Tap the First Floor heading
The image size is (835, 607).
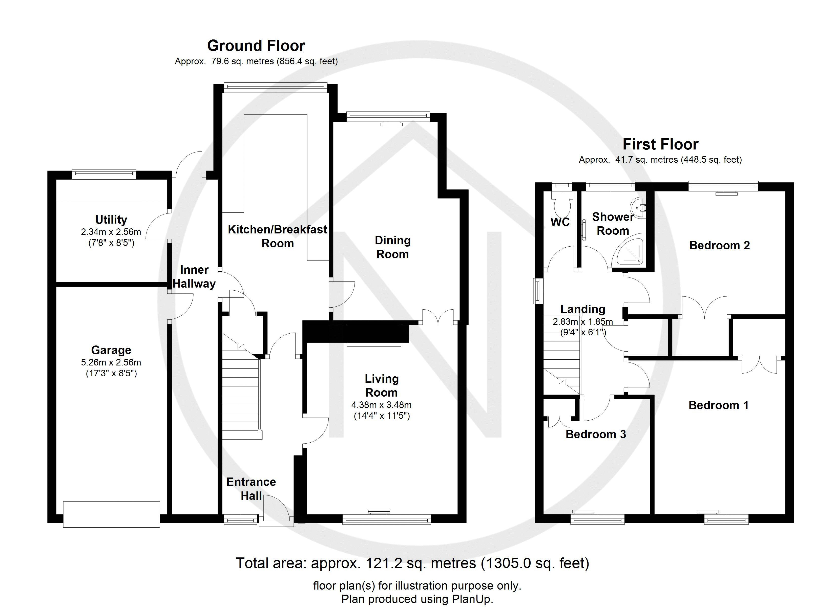click(x=660, y=144)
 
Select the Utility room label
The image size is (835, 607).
click(x=111, y=220)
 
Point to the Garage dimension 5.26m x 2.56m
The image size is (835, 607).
click(x=111, y=362)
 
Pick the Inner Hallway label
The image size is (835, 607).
click(x=194, y=277)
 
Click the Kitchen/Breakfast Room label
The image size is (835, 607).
click(x=277, y=236)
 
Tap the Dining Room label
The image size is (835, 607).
click(x=392, y=247)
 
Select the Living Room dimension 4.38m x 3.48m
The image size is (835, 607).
click(x=381, y=405)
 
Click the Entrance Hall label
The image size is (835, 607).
click(x=251, y=489)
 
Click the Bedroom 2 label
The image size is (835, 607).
click(x=719, y=246)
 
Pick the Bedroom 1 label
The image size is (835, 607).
click(x=718, y=405)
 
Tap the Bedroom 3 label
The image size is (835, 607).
click(x=595, y=434)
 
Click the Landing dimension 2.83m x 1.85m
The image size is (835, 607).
click(x=582, y=321)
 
